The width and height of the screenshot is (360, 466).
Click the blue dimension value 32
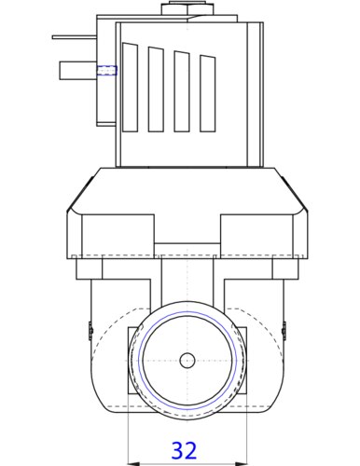pos(184,450)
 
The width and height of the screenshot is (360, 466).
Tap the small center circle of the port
pos(187,361)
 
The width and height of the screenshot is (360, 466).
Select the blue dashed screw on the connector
pos(106,70)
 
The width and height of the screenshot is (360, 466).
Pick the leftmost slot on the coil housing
pos(131,87)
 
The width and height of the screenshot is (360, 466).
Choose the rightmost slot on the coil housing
pos(208,93)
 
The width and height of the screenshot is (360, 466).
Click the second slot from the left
pos(156,89)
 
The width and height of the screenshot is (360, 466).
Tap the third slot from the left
pos(182,91)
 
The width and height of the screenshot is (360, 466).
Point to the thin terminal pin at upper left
pos(75,37)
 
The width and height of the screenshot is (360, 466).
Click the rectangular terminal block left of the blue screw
pos(78,71)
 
